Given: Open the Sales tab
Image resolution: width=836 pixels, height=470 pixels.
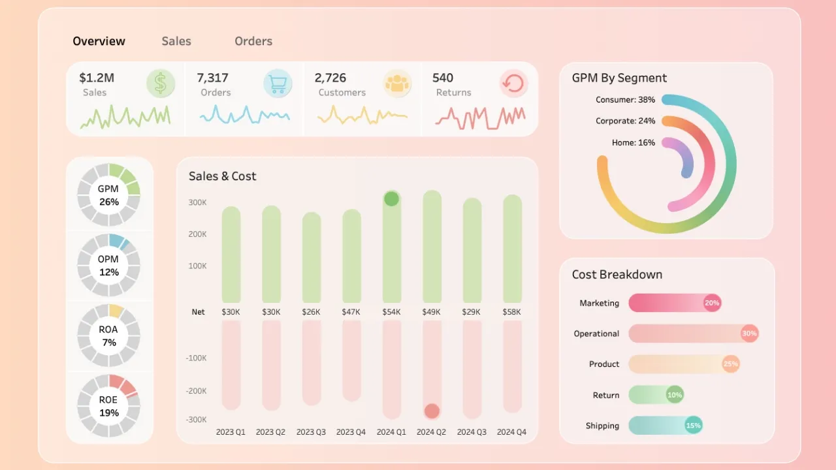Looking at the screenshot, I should point(176,41).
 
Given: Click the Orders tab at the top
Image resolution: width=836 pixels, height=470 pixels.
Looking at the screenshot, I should point(253,41).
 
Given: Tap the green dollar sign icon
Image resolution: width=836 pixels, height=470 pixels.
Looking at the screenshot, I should point(161,84).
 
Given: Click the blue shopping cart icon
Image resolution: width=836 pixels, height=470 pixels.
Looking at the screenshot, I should point(278,84).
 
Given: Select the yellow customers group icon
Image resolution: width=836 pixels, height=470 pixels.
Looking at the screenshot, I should point(396,84).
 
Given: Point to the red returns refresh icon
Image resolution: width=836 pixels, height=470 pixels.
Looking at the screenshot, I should point(513,84).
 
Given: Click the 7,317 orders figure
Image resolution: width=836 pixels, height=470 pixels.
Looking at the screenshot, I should point(213,78).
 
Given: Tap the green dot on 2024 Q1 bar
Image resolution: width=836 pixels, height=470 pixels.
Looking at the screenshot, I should point(391,198).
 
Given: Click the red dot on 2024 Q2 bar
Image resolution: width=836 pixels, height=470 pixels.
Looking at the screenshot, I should point(432,411).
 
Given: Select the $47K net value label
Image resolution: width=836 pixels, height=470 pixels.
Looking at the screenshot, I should point(351,312).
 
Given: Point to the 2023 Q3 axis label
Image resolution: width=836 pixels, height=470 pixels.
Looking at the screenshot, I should point(311,432).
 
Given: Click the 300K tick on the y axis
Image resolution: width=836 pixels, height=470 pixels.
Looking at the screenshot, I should point(197,203).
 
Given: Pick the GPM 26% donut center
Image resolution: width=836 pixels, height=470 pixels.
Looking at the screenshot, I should point(108,195).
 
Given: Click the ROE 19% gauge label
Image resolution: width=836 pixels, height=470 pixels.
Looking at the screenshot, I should point(108,406).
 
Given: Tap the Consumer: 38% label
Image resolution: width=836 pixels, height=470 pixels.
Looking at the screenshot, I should point(625,100).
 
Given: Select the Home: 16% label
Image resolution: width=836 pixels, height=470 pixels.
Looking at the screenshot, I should point(633,142).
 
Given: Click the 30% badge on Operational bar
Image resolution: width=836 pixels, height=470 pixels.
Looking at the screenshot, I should point(749,334).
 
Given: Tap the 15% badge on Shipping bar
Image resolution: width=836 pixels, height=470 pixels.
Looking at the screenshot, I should point(693,426).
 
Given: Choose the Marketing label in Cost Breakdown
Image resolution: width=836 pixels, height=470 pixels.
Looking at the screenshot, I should point(599,303).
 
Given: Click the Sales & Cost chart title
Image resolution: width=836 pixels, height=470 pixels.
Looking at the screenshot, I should point(222,176).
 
